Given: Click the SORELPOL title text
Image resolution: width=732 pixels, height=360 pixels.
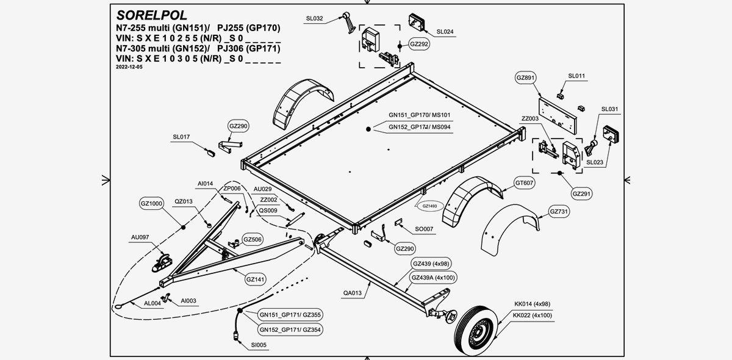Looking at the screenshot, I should coord(152,15).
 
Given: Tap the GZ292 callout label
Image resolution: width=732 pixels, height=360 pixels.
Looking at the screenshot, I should coord(419,45).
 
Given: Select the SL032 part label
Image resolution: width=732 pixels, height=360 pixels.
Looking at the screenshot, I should coord(314,19).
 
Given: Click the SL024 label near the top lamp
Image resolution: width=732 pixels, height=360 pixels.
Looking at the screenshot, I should coord(445,31).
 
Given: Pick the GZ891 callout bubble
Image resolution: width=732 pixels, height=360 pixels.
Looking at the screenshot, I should coord(526,78).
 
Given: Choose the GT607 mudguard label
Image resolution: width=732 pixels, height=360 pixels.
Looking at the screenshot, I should coord(525,182).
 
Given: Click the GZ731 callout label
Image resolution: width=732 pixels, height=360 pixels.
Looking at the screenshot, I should coord(559,212).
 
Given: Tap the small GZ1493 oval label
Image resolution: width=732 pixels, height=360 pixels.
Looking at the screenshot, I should coord(430,206).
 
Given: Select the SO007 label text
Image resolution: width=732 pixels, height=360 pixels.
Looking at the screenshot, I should coord(424,229).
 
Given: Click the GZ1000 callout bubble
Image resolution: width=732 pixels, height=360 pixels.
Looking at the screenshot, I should coord(151,204).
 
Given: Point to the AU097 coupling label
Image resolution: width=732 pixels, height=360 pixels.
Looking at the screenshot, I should coord(140,237).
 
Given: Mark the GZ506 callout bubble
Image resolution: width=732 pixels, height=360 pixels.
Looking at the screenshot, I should coord(253,239).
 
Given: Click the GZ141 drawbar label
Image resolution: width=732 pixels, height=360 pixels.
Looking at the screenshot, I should coord(255,279).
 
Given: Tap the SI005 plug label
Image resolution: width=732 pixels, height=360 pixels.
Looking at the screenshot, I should coord(259,345).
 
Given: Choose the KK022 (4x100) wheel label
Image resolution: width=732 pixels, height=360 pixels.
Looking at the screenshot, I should coord(533,315).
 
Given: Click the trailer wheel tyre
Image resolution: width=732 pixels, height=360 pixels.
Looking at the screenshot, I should coord(478,331).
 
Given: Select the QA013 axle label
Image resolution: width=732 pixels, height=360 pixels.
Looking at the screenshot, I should coord(353,292).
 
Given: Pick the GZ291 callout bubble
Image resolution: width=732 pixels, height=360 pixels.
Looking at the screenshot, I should coord(582,193).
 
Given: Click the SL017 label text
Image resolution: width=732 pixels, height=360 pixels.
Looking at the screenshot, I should coord(181,137).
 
